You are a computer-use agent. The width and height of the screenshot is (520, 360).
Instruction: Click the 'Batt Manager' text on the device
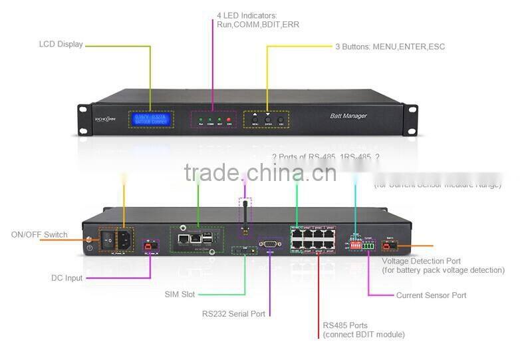coord(348,116)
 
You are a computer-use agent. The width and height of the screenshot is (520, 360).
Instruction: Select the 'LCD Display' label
coord(61,45)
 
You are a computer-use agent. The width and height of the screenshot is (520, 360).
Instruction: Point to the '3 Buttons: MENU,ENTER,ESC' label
coord(390,47)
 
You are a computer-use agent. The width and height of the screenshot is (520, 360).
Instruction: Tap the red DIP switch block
coord(355,245)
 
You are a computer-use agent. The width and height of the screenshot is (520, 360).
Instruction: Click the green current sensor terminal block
coord(370,246)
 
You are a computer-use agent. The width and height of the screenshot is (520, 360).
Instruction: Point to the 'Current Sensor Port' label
coord(431,295)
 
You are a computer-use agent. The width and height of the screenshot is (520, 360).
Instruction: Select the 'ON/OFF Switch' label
coord(39,235)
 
